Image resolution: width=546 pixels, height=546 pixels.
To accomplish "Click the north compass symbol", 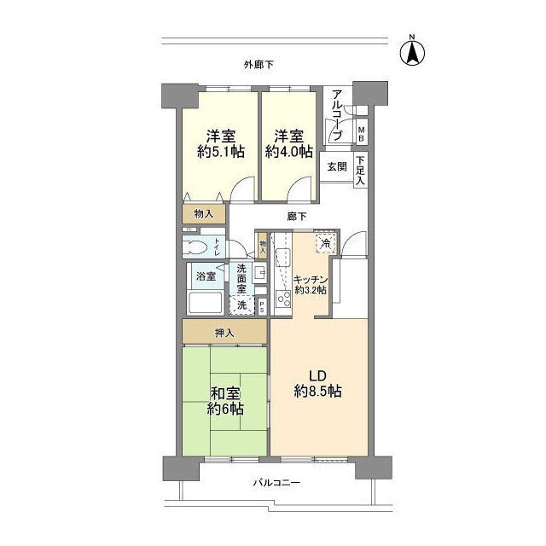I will (x=411, y=52).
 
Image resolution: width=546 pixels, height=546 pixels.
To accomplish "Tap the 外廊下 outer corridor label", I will (x=258, y=64).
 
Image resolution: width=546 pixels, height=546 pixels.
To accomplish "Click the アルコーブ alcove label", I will (x=338, y=115).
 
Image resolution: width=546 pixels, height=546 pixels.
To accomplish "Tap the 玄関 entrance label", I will (x=336, y=167).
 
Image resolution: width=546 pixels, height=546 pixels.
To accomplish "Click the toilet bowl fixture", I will (x=198, y=247).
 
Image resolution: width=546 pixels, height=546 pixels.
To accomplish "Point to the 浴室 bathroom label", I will (x=206, y=276).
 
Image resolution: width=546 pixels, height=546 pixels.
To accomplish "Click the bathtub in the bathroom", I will (x=205, y=304).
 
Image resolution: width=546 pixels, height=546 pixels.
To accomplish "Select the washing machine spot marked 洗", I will (x=242, y=305).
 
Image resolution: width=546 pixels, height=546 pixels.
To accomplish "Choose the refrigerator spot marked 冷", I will (x=325, y=243).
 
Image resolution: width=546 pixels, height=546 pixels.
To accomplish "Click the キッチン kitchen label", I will (x=311, y=283).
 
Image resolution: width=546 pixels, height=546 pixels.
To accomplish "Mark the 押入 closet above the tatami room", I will (x=224, y=331).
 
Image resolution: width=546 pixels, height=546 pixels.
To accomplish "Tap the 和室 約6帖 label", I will (x=225, y=401).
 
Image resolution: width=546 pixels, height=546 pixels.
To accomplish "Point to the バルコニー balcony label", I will (x=276, y=483).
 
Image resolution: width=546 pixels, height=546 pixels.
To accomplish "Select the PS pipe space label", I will (x=263, y=305).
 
